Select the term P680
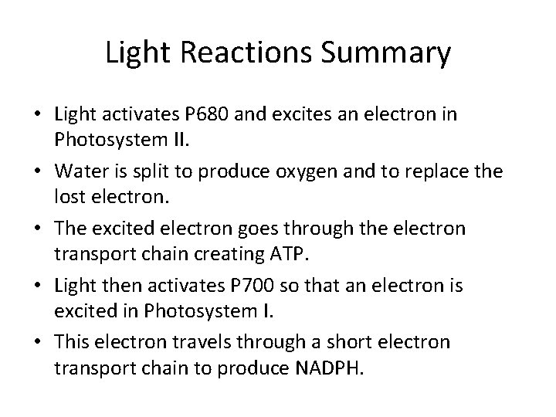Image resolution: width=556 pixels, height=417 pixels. [x=208, y=115]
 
